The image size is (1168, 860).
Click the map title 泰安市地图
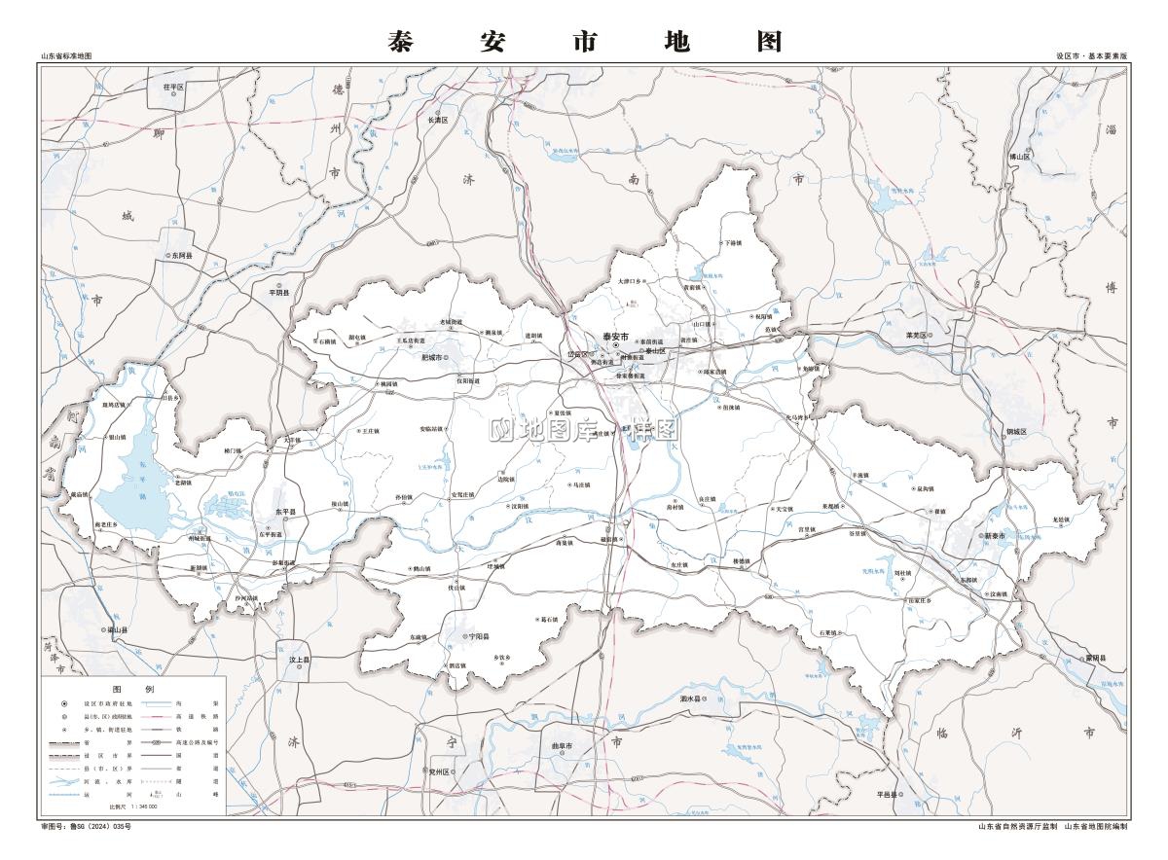coord(584,41)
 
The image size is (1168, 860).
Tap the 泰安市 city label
coord(616,336)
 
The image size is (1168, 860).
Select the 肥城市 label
coord(432,358)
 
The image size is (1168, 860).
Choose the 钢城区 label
coord(1017,431)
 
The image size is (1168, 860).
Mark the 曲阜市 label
coord(564,746)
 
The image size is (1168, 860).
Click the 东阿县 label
coord(182,256)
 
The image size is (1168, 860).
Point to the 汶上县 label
coord(298,660)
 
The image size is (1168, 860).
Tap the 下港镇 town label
coord(732,243)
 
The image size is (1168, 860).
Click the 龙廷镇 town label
coord(1061,520)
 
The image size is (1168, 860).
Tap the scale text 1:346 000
coord(141,806)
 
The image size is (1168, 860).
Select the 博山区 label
coord(1019,156)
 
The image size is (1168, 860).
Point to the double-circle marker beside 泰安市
coord(615,344)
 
